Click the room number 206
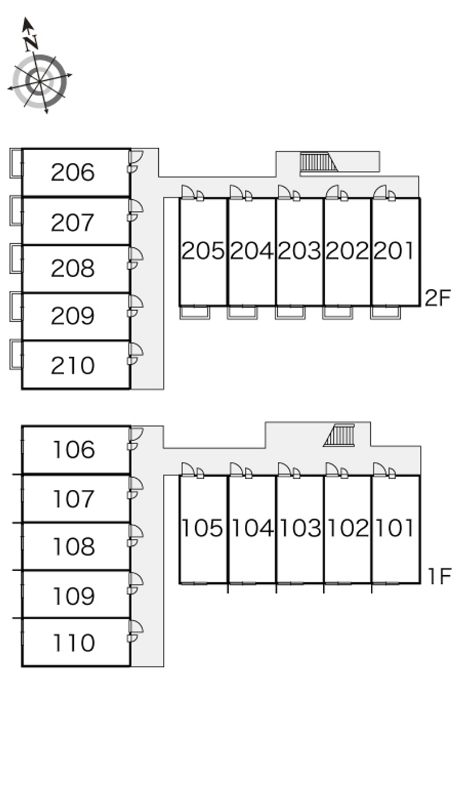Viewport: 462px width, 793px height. click(x=73, y=172)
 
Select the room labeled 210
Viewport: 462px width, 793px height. click(x=73, y=366)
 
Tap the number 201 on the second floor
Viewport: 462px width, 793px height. click(x=394, y=251)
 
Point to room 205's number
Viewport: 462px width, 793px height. click(x=203, y=251)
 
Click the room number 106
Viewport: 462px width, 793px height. click(x=73, y=450)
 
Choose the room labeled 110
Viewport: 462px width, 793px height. click(x=73, y=643)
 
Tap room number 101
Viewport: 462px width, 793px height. click(x=394, y=528)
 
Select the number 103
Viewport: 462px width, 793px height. click(x=299, y=528)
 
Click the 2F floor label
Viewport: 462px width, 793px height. click(x=437, y=299)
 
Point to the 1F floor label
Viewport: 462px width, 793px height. click(x=439, y=576)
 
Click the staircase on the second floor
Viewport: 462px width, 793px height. click(x=318, y=162)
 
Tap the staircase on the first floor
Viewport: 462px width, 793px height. click(x=340, y=435)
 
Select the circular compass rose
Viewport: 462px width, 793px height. click(x=40, y=81)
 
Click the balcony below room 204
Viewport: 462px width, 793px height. click(x=242, y=312)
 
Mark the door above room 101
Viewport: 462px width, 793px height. click(x=383, y=470)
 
